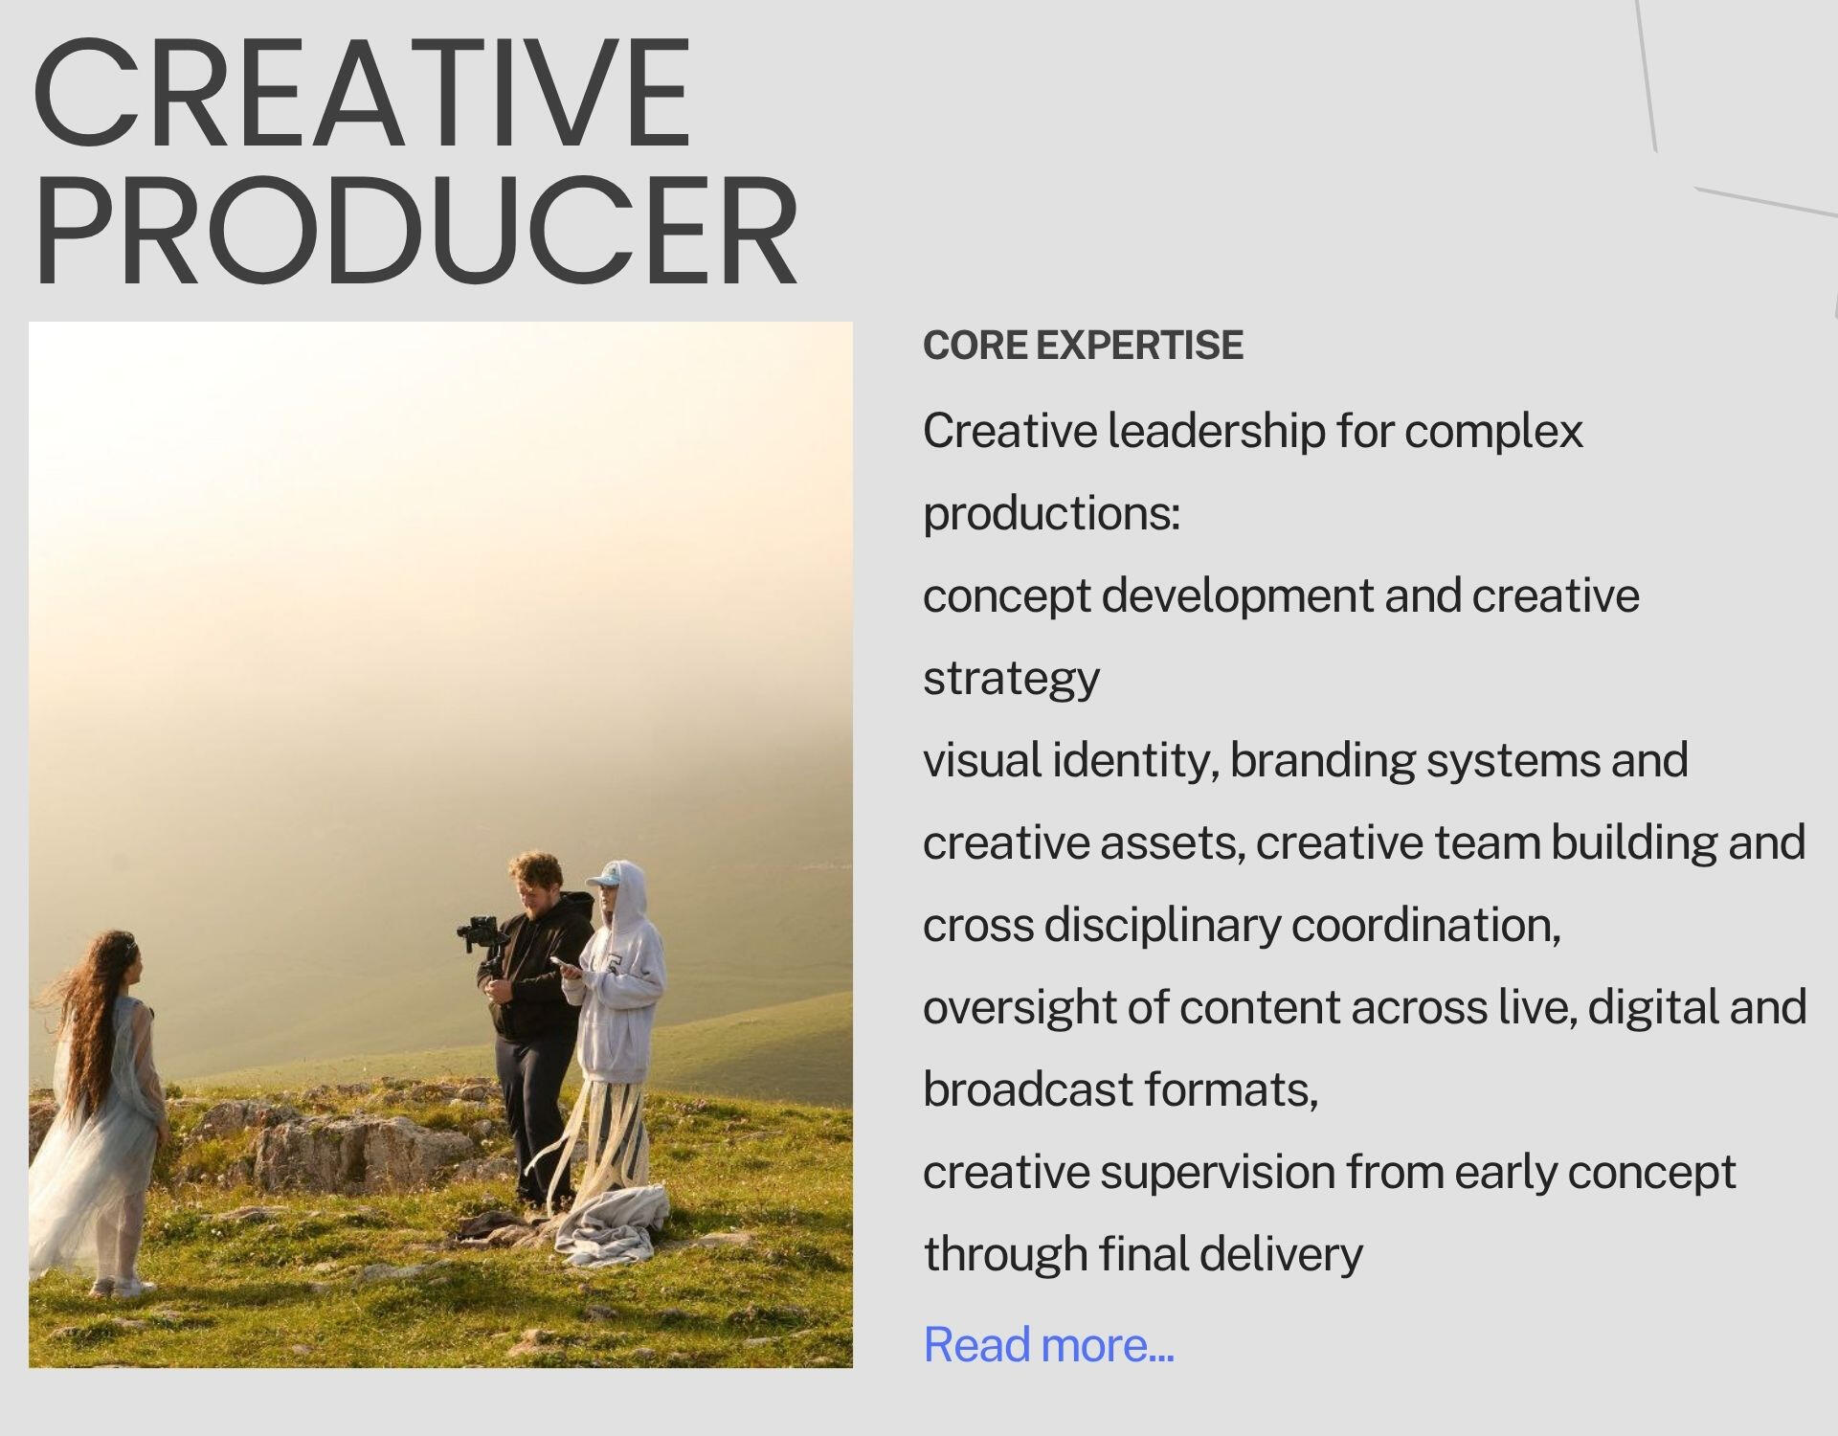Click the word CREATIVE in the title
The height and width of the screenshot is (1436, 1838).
pos(362,93)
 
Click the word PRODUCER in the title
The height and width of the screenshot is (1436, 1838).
pos(415,231)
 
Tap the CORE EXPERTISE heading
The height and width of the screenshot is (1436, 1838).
pos(1083,346)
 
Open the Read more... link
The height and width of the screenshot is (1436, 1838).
pos(1048,1344)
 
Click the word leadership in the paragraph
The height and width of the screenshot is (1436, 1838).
pos(1217,431)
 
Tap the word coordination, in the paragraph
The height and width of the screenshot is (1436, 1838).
pos(1425,926)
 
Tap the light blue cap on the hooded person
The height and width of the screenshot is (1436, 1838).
pos(610,876)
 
